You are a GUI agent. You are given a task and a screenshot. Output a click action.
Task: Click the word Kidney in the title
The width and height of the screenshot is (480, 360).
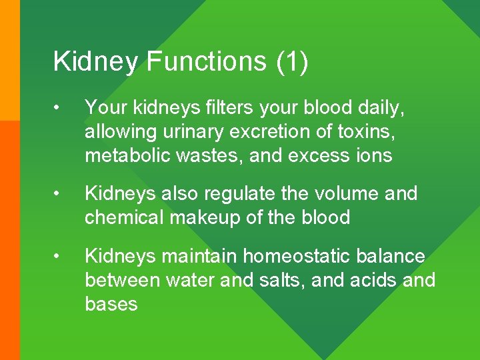96,62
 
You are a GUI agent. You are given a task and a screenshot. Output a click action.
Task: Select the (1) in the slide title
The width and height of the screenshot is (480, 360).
291,61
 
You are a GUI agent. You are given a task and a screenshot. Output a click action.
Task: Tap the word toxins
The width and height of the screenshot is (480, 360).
367,131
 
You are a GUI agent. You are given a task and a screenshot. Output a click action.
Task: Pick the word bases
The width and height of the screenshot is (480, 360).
111,305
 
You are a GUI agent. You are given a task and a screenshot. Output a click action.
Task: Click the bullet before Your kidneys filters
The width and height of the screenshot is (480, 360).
59,107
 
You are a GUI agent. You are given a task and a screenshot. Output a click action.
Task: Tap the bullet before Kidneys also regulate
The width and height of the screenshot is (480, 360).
59,194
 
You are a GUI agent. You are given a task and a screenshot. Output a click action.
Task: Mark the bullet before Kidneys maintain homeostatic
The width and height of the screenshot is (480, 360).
59,257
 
